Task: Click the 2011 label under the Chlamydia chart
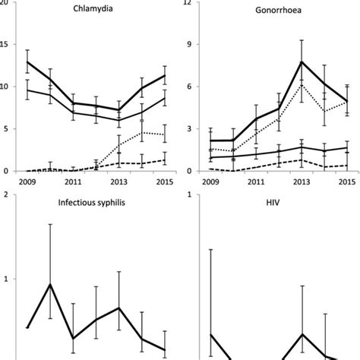tap(74, 182)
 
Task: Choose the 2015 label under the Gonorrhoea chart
tap(347, 182)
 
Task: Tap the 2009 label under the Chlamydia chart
tap(27, 182)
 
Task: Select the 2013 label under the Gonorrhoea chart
tap(302, 182)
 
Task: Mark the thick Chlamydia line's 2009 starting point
tap(27, 62)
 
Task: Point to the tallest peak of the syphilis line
tap(50, 284)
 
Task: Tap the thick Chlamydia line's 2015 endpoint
tap(164, 75)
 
